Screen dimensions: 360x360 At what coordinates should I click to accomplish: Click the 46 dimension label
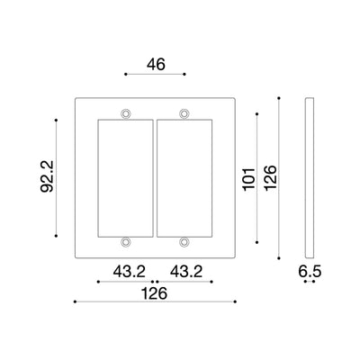[x=156, y=65]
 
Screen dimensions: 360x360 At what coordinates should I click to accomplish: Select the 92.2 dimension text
[x=47, y=176]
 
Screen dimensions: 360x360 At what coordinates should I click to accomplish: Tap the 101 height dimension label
[x=249, y=179]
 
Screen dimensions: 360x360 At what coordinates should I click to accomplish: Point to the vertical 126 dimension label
[x=270, y=177]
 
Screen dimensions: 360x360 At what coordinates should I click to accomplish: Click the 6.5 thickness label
[x=310, y=272]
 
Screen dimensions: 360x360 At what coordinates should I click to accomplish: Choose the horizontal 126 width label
[x=154, y=293]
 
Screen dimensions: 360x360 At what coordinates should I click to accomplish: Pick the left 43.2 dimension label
[x=129, y=272]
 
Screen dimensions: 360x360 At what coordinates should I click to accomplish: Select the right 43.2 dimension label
[x=186, y=272]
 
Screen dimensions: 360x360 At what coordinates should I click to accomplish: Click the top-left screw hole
[x=126, y=113]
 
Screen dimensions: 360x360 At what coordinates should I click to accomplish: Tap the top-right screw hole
[x=184, y=113]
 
